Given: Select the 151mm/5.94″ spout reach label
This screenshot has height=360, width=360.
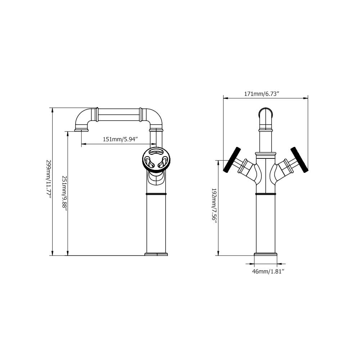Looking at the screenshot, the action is pyautogui.click(x=120, y=139).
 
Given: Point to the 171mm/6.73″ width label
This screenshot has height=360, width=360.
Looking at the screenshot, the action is pyautogui.click(x=261, y=94).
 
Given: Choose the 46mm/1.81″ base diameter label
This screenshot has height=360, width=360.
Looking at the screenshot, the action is pyautogui.click(x=268, y=271).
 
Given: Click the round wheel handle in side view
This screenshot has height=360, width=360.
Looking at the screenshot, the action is pyautogui.click(x=156, y=159).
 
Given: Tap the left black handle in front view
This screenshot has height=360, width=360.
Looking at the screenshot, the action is pyautogui.click(x=232, y=159).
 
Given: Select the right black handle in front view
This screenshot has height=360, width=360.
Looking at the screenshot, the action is pyautogui.click(x=300, y=159).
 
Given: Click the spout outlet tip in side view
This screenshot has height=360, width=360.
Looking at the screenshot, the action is pyautogui.click(x=81, y=130).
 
